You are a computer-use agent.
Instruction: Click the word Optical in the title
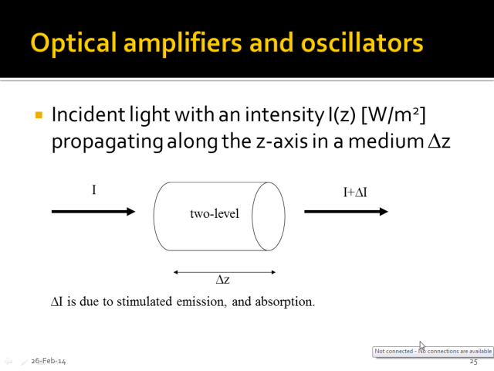pos(73,43)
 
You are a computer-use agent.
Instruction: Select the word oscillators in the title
pos(362,43)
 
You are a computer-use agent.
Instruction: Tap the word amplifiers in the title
pos(183,43)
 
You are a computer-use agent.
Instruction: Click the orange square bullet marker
pos(39,114)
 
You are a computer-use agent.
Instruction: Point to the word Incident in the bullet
pos(89,114)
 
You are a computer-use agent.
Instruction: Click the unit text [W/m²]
pos(394,115)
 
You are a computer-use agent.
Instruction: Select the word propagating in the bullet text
pos(107,142)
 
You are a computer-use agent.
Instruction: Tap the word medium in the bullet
pos(386,141)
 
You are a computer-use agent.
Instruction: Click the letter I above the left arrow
pos(94,190)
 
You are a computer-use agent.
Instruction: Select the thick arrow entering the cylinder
pos(93,211)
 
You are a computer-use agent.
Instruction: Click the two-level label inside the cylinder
pos(215,213)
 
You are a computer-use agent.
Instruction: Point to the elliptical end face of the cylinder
pos(269,216)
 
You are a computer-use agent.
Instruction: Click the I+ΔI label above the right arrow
pos(355,192)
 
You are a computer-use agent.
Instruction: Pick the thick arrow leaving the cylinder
pos(346,211)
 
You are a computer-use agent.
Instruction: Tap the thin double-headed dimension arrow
pos(225,272)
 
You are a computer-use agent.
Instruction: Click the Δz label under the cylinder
pos(223,280)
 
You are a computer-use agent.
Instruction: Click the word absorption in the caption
pos(285,302)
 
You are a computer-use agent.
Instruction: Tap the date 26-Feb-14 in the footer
pos(49,361)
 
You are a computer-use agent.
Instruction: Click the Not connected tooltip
pos(433,352)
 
